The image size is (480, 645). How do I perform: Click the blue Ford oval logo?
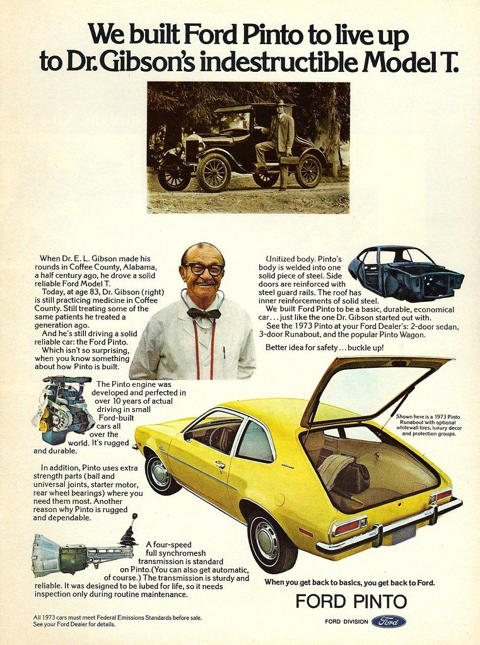(389, 622)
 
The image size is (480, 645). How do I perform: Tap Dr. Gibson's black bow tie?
(204, 313)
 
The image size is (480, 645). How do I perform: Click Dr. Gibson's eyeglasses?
(204, 270)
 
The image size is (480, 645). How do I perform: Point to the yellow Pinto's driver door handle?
(220, 465)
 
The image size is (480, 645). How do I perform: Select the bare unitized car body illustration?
(405, 272)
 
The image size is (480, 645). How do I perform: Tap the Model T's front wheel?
(213, 172)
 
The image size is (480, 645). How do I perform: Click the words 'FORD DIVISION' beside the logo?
(346, 622)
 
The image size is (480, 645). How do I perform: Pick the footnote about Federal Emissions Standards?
(117, 620)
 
